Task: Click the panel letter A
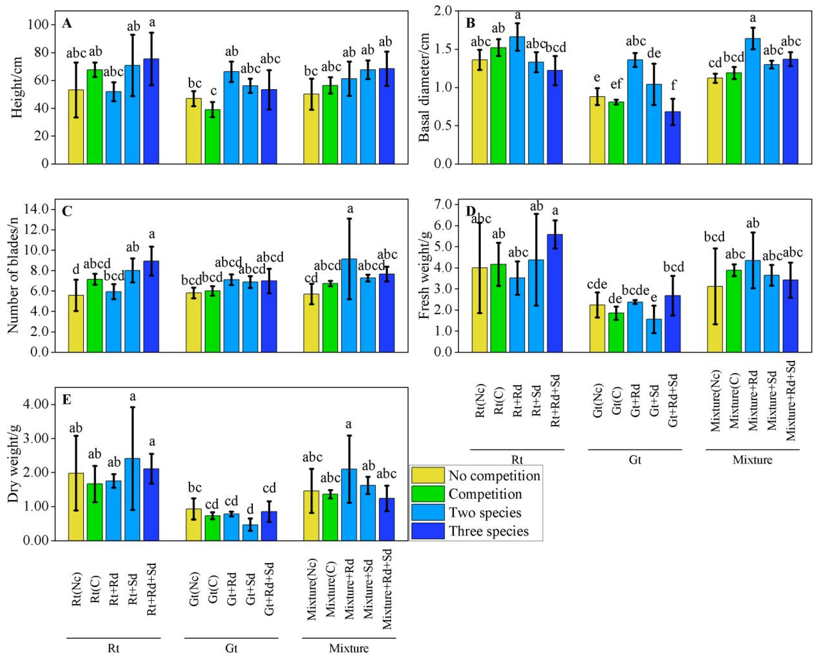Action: [67, 24]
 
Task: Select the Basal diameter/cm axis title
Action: [424, 87]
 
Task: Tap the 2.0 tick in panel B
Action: [449, 11]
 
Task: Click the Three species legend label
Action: [489, 531]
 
